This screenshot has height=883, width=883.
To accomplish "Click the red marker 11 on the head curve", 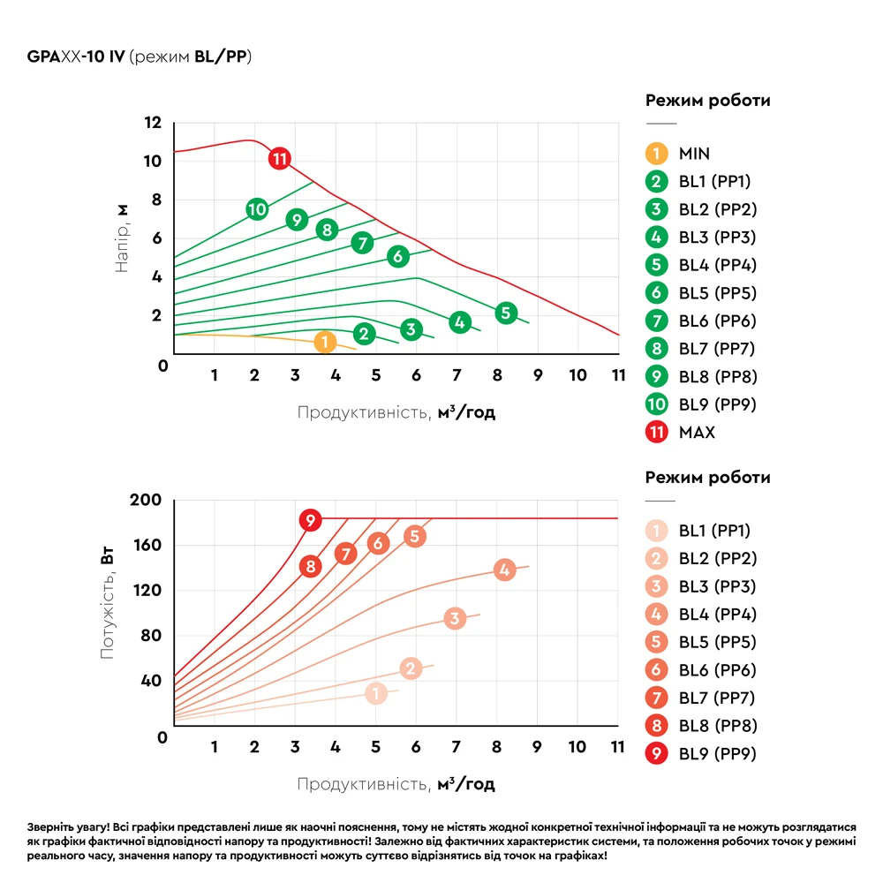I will point(280,159).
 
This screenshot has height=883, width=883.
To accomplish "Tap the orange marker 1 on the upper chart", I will point(325,342).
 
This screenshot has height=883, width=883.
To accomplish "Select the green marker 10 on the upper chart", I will point(256,209).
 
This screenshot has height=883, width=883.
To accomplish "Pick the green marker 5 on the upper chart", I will point(505,312).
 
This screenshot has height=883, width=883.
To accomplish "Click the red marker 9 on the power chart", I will point(310,520).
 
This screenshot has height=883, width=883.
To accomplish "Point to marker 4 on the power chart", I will point(504,570).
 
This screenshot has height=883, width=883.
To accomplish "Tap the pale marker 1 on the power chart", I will point(376,693).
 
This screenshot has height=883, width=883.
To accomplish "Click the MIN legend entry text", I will point(694,154).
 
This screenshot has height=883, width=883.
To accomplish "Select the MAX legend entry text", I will point(697,433).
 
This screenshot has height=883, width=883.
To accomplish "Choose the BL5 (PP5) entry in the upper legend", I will point(717,293).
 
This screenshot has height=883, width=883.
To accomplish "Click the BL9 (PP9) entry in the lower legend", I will point(717,754).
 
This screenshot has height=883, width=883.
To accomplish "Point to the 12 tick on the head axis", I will point(153,122).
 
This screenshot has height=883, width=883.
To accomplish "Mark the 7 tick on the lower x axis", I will point(457,747).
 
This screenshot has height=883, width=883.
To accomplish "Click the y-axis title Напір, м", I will point(123,238).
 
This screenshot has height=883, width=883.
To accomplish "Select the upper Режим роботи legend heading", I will point(707,101).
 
